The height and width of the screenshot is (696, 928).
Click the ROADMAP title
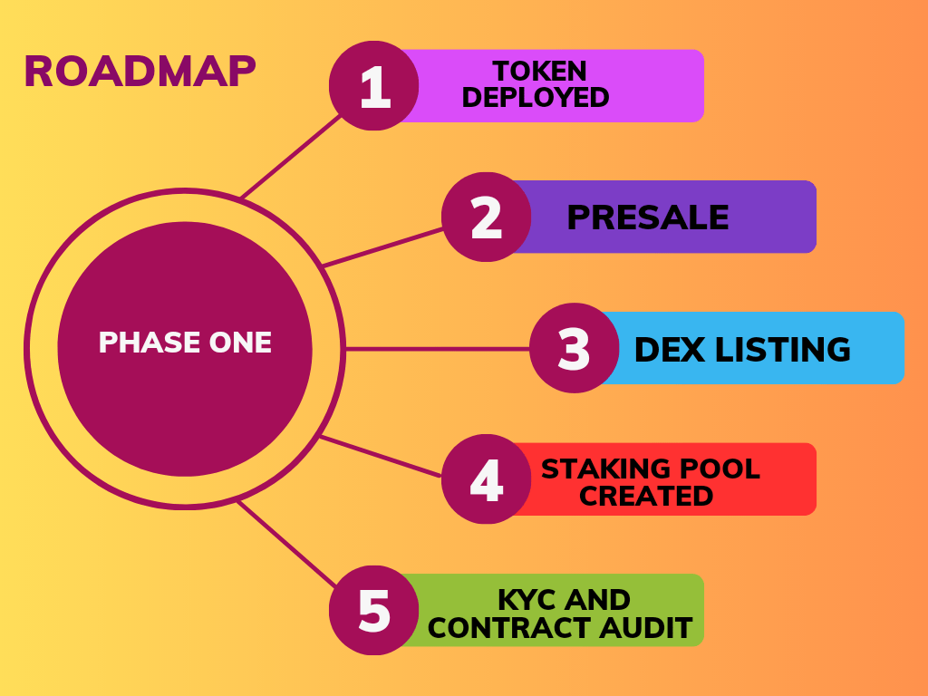click(x=140, y=72)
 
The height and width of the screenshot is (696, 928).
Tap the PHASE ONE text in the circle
click(x=185, y=343)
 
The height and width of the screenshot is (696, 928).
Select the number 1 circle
click(x=373, y=86)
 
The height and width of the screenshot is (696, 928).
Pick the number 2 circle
click(x=486, y=217)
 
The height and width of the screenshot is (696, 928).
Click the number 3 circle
click(x=574, y=349)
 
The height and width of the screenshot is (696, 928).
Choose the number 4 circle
click(x=486, y=479)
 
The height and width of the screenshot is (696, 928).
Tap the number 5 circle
click(x=373, y=611)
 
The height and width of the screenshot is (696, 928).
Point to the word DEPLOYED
click(x=536, y=98)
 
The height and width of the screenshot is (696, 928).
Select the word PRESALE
click(x=648, y=217)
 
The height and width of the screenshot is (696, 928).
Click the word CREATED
click(x=646, y=496)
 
